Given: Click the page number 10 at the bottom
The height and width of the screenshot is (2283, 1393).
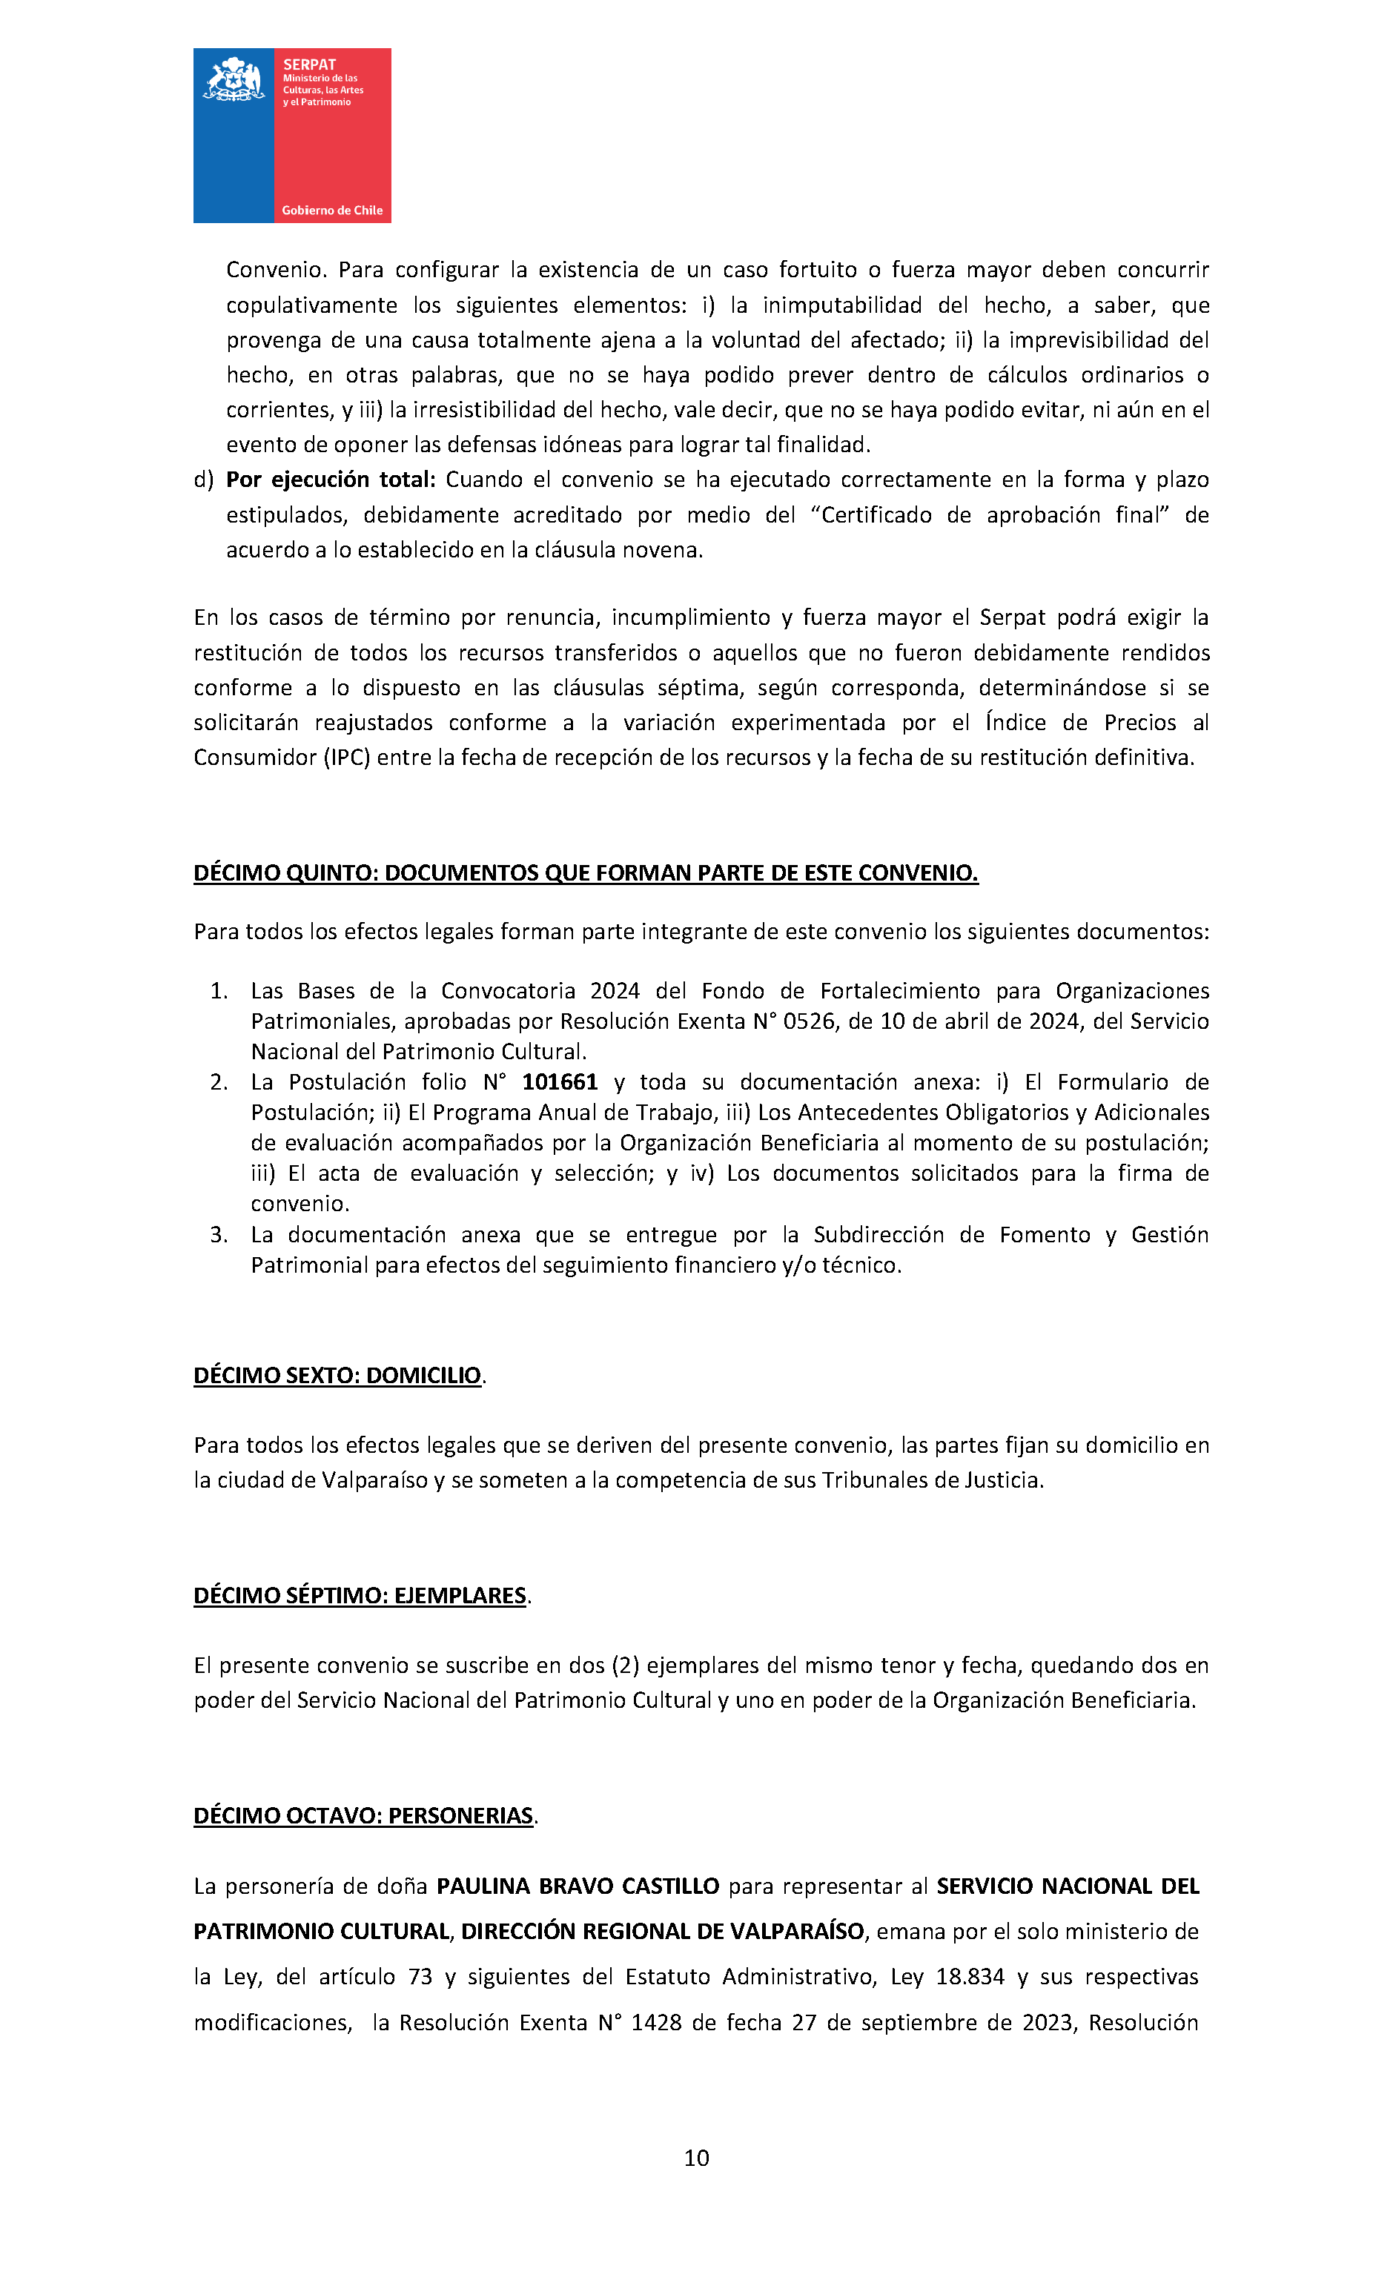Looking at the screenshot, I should (696, 2158).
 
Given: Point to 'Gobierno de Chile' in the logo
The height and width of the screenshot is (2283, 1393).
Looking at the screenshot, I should (332, 211).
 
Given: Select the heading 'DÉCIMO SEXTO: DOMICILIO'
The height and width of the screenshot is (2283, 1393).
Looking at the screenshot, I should (337, 1375).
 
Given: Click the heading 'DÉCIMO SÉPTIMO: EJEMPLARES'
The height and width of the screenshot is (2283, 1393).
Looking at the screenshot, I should (360, 1594).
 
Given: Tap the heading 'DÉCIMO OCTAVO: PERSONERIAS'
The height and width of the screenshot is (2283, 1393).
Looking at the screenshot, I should (363, 1815).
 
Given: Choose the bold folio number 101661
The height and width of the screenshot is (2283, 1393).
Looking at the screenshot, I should (560, 1082).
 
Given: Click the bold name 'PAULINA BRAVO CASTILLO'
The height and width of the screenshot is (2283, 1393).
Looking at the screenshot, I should (578, 1886).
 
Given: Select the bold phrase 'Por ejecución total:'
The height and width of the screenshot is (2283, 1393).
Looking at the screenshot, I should (331, 480).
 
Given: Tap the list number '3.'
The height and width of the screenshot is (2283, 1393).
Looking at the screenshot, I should (219, 1235).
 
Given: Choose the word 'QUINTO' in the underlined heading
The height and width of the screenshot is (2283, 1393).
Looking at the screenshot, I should (331, 873).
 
